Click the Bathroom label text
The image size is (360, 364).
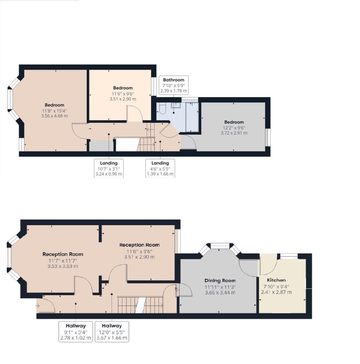(174, 80)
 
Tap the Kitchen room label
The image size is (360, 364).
(276, 280)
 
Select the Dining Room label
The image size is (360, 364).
(220, 281)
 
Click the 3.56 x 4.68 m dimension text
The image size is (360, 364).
(55, 116)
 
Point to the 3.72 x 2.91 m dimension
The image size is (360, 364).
(234, 133)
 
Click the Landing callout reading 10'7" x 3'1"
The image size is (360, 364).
(109, 168)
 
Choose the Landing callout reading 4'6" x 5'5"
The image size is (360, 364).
(160, 168)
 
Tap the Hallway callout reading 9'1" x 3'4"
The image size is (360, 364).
(76, 332)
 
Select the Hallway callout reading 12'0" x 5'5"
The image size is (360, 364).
(112, 332)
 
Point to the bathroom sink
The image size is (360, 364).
(176, 105)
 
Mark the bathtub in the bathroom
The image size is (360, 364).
(192, 117)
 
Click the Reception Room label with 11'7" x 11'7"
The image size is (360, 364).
(63, 254)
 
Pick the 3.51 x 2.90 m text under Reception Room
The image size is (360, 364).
(139, 257)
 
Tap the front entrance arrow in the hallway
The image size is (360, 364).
(37, 306)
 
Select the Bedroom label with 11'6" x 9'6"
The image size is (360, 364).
(123, 88)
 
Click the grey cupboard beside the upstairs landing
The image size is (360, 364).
(102, 146)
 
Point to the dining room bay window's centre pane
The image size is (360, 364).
(220, 246)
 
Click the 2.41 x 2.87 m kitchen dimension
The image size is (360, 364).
(276, 292)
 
